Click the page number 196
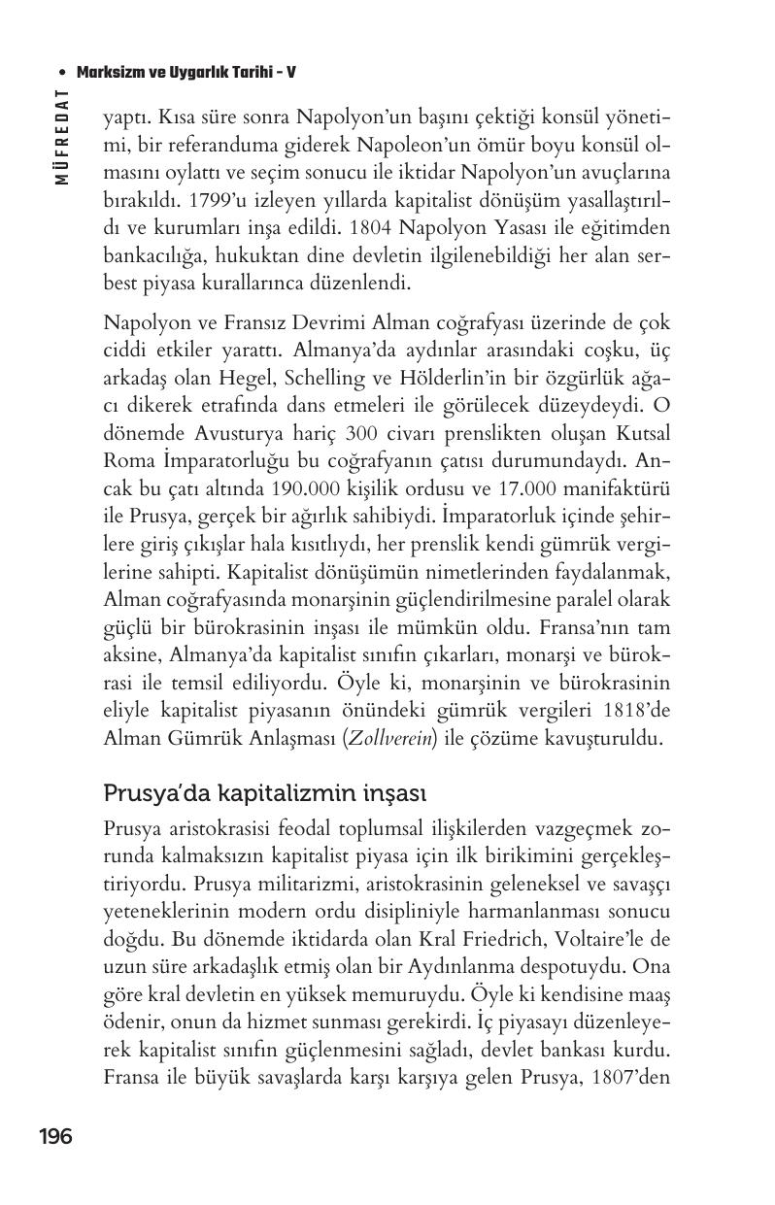click(55, 1136)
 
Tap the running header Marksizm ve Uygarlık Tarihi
click(185, 73)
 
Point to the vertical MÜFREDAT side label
click(61, 137)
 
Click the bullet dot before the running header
click(63, 73)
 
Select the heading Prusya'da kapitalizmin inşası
click(264, 793)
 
